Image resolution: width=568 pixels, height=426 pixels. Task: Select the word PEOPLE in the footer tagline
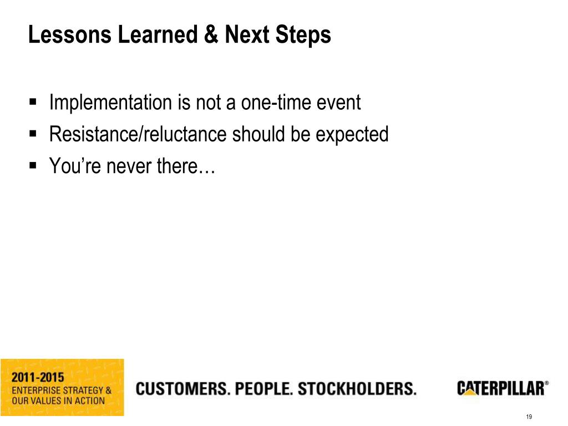(x=264, y=389)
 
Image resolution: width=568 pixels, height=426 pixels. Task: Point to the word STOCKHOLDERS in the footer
(x=357, y=389)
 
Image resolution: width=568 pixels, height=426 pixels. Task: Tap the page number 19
(x=528, y=418)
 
